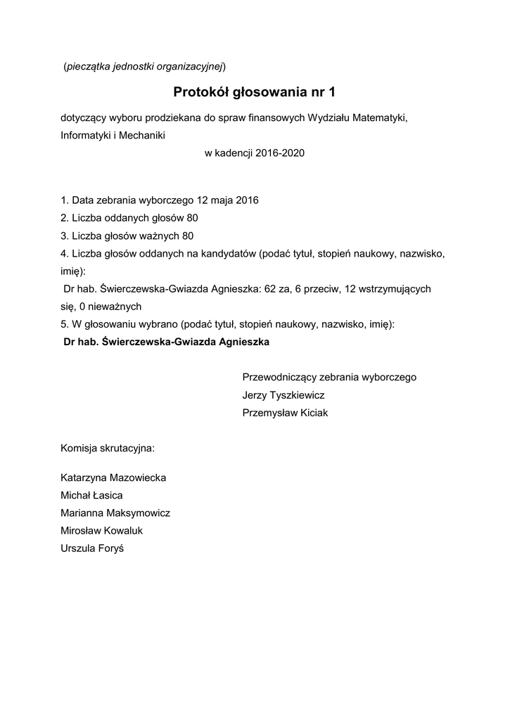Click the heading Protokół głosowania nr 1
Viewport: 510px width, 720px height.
(x=255, y=92)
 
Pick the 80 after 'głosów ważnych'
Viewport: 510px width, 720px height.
(x=187, y=236)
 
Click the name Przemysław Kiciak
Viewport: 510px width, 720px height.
(x=285, y=413)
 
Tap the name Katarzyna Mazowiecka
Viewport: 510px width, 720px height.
(x=114, y=477)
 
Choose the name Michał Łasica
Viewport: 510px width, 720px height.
(x=92, y=495)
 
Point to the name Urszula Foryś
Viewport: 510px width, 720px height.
(x=92, y=548)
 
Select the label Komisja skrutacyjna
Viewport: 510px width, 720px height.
(x=108, y=447)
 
